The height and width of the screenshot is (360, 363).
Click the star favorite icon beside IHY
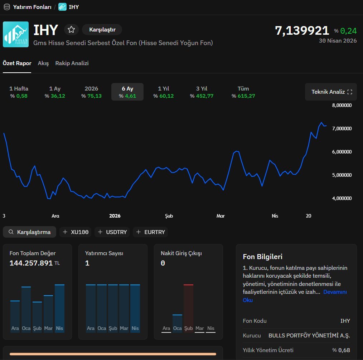coord(71,30)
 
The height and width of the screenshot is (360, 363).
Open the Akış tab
coord(43,63)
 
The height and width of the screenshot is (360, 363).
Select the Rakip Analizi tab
coord(72,63)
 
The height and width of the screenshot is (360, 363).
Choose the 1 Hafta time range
coord(19,92)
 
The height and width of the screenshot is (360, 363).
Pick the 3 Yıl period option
coord(202,92)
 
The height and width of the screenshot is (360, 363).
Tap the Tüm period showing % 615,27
coord(243,92)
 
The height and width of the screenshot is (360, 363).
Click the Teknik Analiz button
coord(331,92)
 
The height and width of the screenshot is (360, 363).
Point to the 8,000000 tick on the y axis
coord(342,105)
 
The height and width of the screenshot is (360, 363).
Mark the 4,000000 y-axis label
coord(342,198)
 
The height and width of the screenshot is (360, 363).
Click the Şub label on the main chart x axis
coord(169,216)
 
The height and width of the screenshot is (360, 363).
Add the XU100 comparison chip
coord(76,232)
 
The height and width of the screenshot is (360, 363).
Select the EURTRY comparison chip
coord(150,232)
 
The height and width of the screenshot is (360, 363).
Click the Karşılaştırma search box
coord(30,232)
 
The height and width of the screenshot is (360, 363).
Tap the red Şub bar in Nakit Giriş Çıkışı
coord(188,308)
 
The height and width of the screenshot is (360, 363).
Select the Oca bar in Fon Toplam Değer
coord(26,309)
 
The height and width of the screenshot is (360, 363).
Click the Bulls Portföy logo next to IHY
coord(16,34)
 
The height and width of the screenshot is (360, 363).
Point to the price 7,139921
coord(302,30)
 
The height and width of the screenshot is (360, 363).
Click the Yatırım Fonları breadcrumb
coord(32,7)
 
